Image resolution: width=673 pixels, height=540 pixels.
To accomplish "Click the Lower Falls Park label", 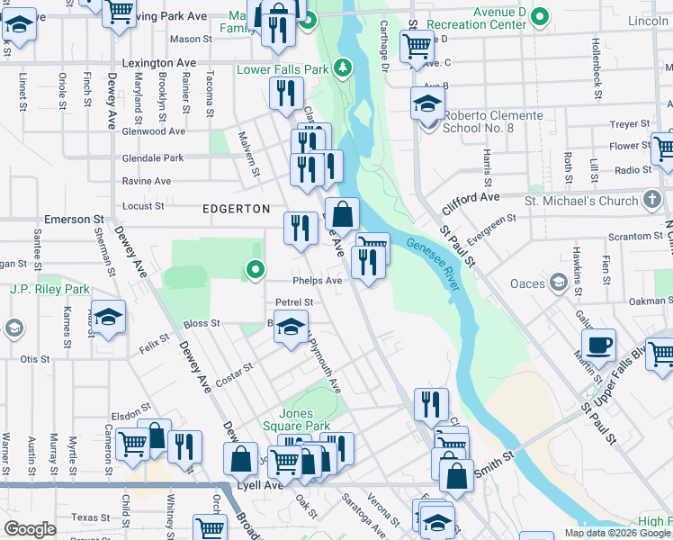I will click(x=282, y=69).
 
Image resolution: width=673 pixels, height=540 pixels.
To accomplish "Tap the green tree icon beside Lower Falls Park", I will click(x=342, y=67).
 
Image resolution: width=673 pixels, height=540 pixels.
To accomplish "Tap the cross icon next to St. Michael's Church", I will click(x=654, y=200).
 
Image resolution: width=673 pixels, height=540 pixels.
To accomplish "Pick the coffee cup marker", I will click(x=598, y=344).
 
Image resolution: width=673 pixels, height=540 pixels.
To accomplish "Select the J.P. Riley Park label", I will click(x=49, y=290).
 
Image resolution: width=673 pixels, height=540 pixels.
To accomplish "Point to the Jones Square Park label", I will click(x=296, y=419).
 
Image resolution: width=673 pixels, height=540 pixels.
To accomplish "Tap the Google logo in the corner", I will click(x=30, y=529).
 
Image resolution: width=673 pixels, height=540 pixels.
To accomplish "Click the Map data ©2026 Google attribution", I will click(x=617, y=533).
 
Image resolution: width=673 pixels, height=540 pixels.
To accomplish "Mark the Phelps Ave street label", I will click(x=317, y=281).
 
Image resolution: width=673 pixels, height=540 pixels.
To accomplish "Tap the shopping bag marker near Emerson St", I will click(x=342, y=215).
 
